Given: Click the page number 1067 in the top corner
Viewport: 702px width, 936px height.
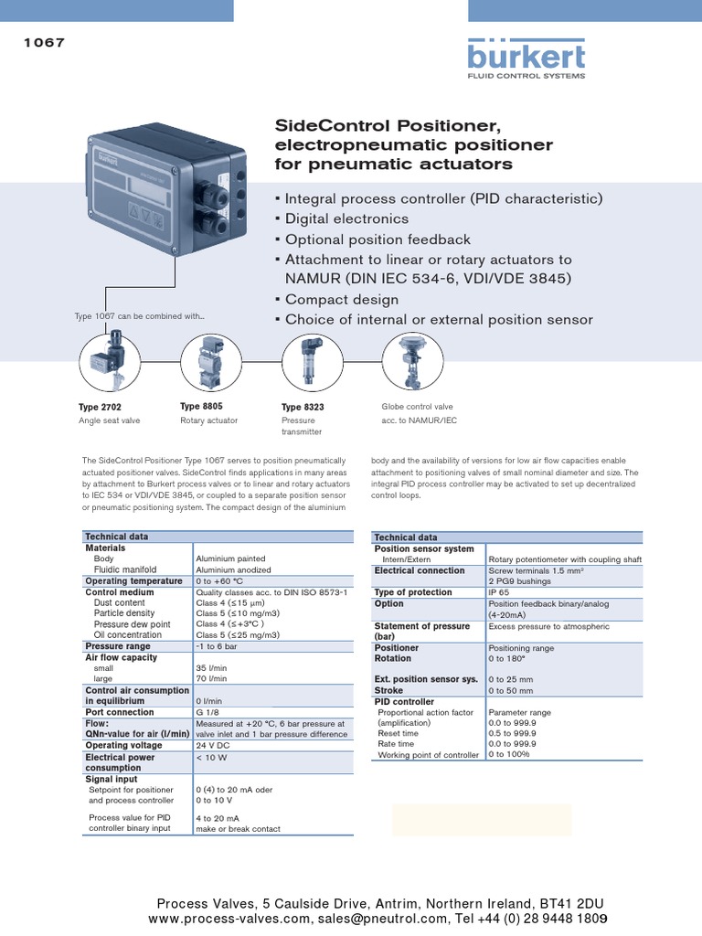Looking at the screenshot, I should pos(43,42).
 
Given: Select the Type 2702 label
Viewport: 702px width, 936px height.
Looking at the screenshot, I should pos(100,407).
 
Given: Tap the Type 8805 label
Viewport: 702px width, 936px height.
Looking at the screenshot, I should pos(201,406).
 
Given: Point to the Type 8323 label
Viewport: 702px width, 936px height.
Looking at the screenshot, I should pos(303,407).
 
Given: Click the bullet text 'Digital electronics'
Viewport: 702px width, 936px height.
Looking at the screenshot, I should pos(346,219).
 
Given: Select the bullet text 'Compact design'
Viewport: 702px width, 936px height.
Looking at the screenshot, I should pos(342,300).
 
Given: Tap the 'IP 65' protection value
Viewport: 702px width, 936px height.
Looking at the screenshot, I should pos(499,592).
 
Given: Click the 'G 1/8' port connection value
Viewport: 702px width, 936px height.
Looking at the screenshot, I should pos(207,712).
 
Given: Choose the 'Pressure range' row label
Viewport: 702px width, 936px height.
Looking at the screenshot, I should pos(118,646).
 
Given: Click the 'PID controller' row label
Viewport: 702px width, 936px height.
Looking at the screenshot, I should pos(404,701).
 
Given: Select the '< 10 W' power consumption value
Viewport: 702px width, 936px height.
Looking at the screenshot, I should pos(213,757).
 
